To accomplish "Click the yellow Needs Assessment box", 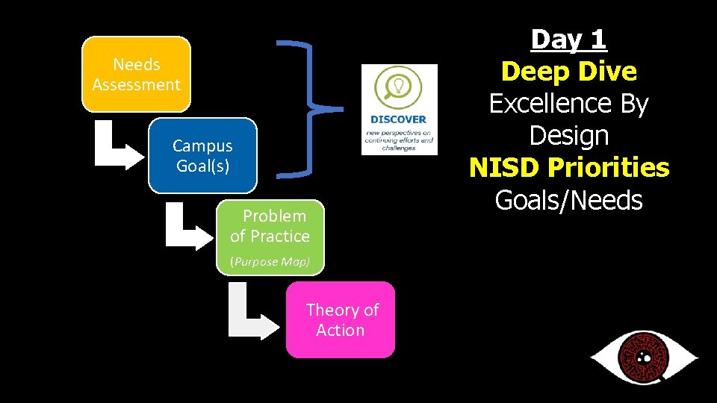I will [136, 75].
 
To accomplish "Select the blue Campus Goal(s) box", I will [202, 155].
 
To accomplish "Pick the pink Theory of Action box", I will [341, 319].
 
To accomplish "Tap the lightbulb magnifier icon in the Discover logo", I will [399, 87].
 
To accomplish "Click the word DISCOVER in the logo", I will [398, 119].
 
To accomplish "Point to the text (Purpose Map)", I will [270, 261].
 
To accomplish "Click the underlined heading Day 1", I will [568, 40].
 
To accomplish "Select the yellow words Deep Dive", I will [568, 72].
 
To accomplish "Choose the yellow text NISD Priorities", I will [569, 168].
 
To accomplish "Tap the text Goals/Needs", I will [568, 200].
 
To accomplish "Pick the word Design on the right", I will [568, 136].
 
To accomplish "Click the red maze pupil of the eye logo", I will [642, 357].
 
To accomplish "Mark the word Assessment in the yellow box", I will [136, 84].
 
